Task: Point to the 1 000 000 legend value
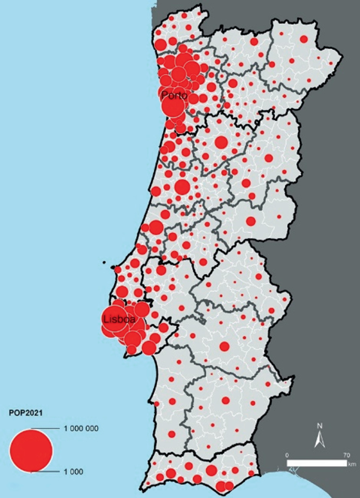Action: point(81,429)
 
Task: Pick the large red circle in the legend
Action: point(30,450)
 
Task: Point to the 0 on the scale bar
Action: point(287,455)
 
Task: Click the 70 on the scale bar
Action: point(346,455)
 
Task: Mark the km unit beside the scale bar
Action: point(351,464)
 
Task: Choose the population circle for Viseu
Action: point(221,142)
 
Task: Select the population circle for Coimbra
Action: point(182,186)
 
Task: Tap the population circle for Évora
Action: point(224,346)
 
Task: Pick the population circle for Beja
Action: point(225,401)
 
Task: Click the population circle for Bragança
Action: point(304,39)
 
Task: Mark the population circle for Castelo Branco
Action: point(251,221)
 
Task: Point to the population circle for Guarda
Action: point(269,158)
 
